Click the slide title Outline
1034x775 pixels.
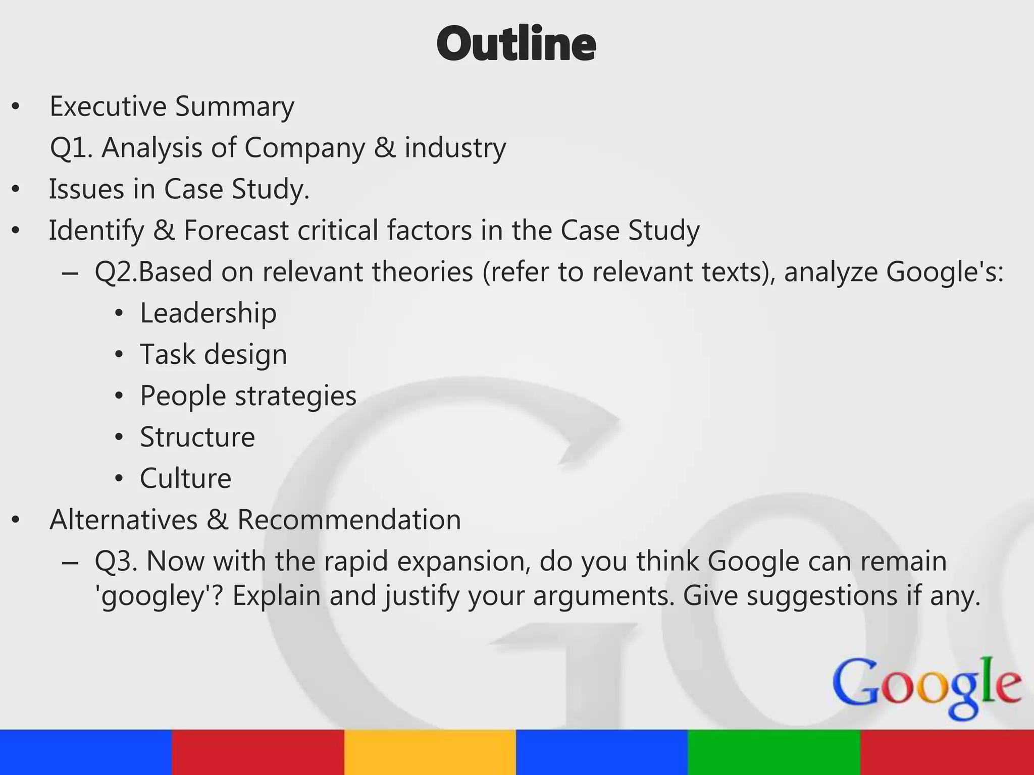pyautogui.click(x=516, y=44)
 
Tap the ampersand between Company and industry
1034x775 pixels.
pyautogui.click(x=385, y=148)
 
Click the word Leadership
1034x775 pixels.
pyautogui.click(x=208, y=313)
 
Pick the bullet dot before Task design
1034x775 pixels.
pyautogui.click(x=119, y=355)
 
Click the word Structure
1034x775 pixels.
pyautogui.click(x=197, y=437)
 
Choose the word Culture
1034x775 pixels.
pyautogui.click(x=185, y=478)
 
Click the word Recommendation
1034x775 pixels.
pyautogui.click(x=349, y=520)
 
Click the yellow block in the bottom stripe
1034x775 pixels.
pyautogui.click(x=430, y=752)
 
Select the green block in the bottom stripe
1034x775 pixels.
pyautogui.click(x=773, y=752)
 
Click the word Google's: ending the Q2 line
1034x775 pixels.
pyautogui.click(x=944, y=272)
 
